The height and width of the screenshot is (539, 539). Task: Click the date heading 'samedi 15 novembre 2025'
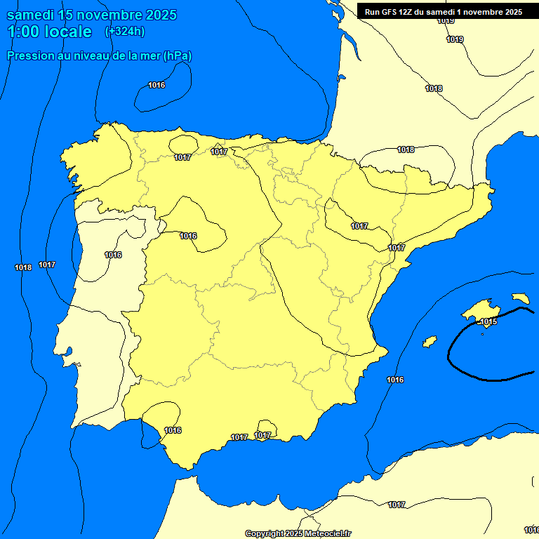point(91,15)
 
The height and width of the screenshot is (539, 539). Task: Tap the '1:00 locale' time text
point(49,32)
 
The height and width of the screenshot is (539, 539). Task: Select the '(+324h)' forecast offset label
point(124,32)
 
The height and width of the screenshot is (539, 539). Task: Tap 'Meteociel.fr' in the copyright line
point(327,533)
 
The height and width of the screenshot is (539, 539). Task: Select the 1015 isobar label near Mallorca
point(488,321)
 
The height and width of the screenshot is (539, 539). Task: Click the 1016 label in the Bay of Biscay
point(157,85)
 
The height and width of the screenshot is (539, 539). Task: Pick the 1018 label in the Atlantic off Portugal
point(22,267)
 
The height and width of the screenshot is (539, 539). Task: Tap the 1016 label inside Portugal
point(113,255)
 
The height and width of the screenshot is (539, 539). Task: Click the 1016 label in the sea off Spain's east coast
point(395,380)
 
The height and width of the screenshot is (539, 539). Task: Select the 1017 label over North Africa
point(397,505)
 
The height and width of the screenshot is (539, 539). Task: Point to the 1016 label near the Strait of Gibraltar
point(173,430)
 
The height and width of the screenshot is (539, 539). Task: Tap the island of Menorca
point(521,298)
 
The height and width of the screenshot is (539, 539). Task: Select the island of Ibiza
point(430,341)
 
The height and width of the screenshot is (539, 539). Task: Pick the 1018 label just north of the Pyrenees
point(406,149)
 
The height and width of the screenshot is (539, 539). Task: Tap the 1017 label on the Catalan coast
point(397,248)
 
